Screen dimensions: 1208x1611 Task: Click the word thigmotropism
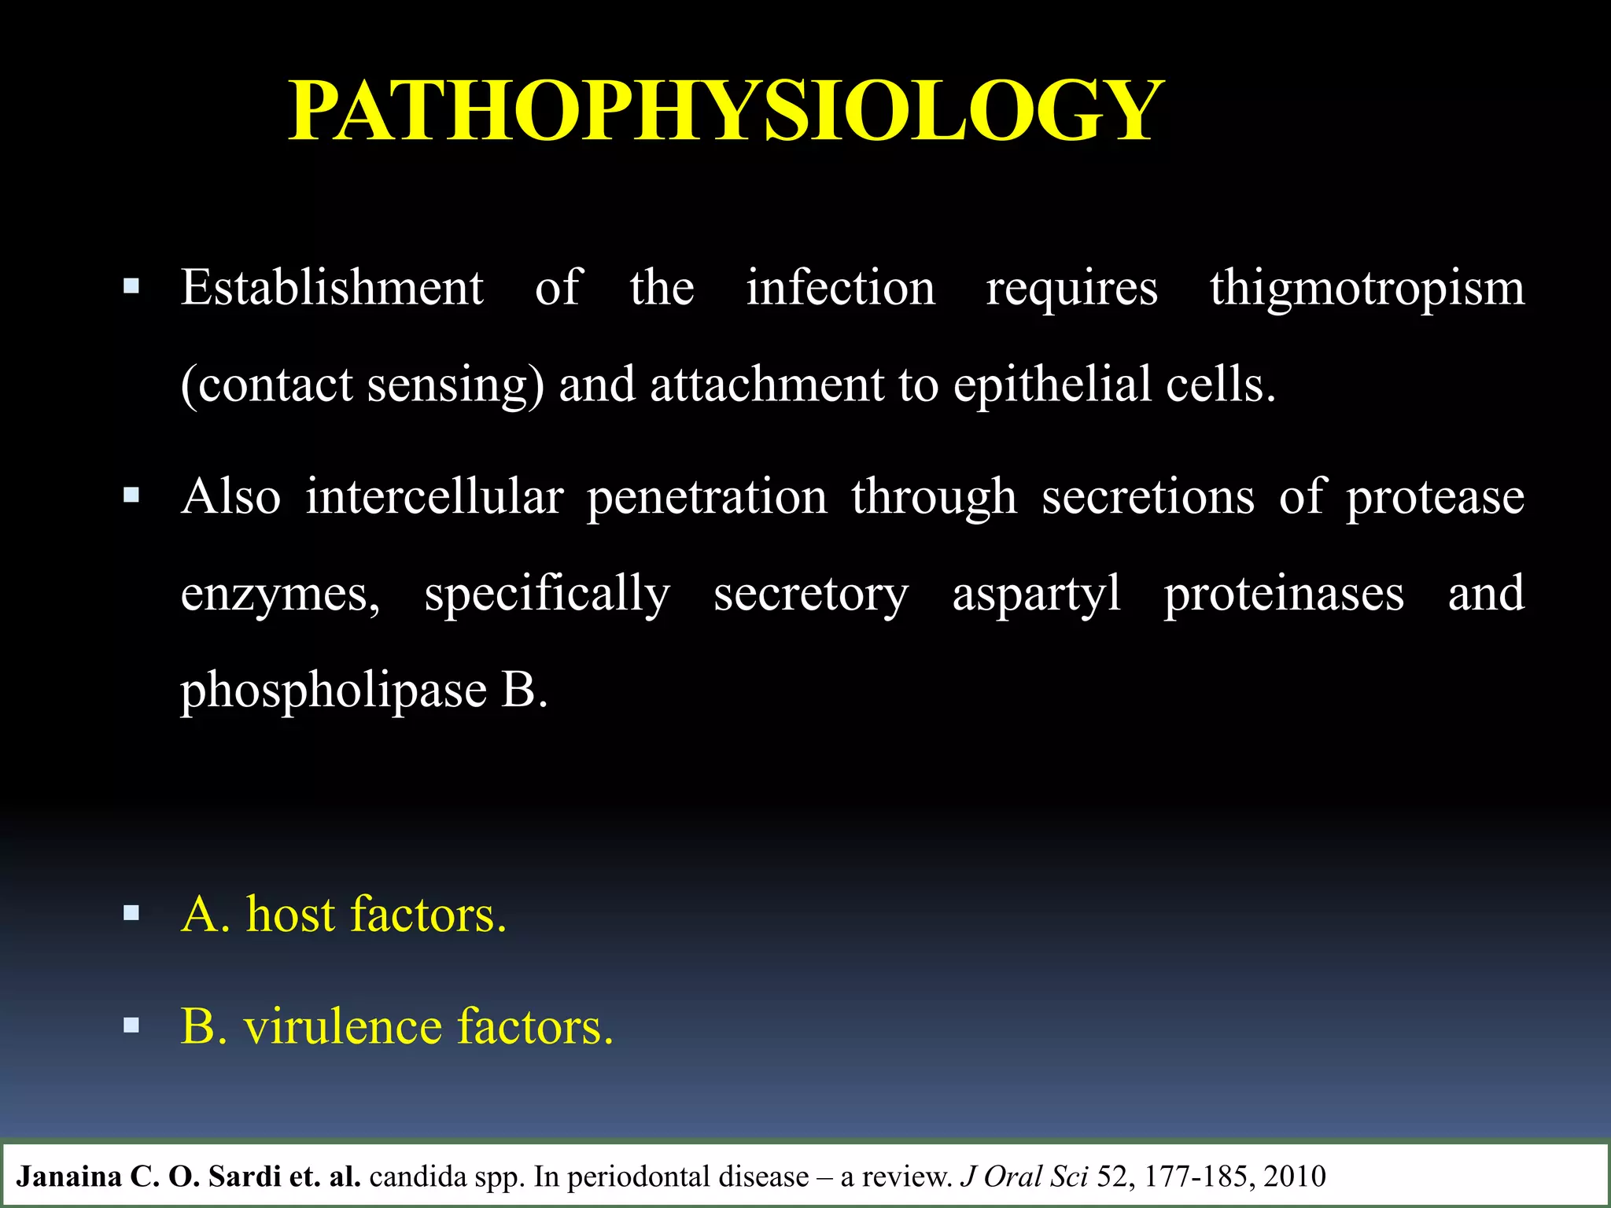point(1366,288)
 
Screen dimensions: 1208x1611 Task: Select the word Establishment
point(332,288)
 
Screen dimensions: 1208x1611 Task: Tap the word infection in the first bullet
point(840,288)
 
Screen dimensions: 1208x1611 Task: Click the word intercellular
point(434,497)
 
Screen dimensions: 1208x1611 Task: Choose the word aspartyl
point(1036,595)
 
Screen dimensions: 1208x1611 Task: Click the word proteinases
point(1284,595)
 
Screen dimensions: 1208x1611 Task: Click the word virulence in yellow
point(343,1026)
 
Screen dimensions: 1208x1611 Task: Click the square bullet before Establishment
point(131,285)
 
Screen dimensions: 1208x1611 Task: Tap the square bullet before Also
point(131,495)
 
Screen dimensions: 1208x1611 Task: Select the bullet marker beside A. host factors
point(131,913)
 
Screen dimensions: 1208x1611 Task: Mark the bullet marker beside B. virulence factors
point(131,1026)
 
